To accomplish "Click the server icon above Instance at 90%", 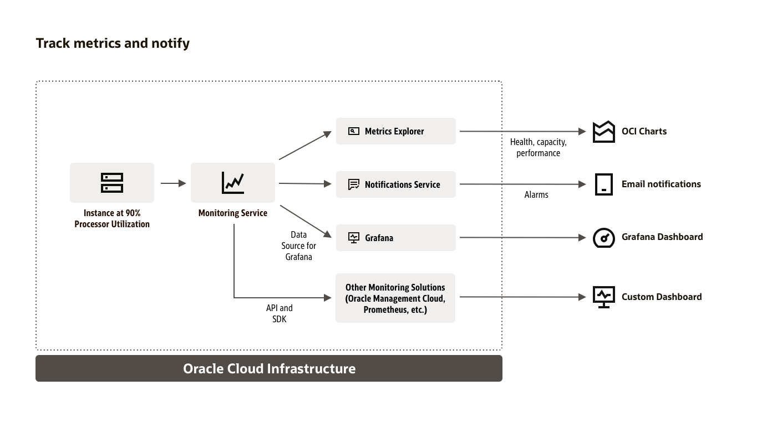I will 112,183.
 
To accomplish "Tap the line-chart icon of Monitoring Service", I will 233,183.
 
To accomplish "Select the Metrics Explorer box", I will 395,131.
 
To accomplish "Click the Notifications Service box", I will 395,184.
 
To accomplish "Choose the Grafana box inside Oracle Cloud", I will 395,238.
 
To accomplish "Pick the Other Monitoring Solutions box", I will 395,298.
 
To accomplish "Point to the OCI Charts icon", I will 603,132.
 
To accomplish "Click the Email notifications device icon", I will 603,184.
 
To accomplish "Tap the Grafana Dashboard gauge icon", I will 603,238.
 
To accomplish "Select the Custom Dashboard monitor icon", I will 603,297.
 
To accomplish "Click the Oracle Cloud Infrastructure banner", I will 269,368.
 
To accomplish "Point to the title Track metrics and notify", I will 113,43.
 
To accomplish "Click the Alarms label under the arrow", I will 536,195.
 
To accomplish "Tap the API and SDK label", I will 280,313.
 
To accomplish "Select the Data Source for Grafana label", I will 299,246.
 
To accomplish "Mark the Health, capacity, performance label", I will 539,148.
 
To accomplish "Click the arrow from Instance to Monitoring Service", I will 174,183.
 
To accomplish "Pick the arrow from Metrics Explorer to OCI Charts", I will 521,132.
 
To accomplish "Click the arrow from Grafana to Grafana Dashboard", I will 521,238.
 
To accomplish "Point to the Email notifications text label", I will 661,184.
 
